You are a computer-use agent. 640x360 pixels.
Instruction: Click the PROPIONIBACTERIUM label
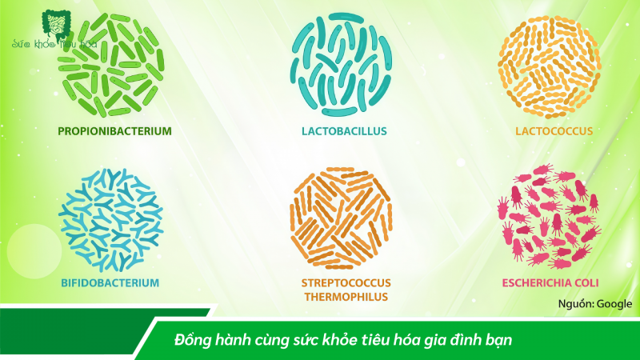pyautogui.click(x=114, y=130)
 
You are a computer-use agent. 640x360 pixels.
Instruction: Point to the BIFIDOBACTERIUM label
pyautogui.click(x=110, y=282)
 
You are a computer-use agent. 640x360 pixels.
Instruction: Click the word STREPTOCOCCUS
pyautogui.click(x=345, y=282)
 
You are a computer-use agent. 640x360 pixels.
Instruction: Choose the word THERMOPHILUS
pyautogui.click(x=345, y=297)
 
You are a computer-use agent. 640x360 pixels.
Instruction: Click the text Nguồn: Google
pyautogui.click(x=594, y=304)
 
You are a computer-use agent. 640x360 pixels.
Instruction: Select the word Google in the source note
pyautogui.click(x=614, y=304)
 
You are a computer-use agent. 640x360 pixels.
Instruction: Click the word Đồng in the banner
pyautogui.click(x=190, y=340)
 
